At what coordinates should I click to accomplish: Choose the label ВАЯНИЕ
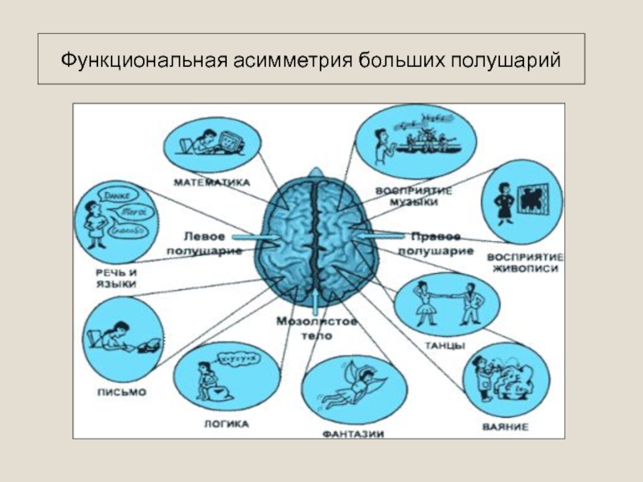coord(506,427)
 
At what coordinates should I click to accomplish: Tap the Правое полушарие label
coord(441,243)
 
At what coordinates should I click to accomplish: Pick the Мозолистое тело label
coord(315,329)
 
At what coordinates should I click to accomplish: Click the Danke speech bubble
coord(113,195)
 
